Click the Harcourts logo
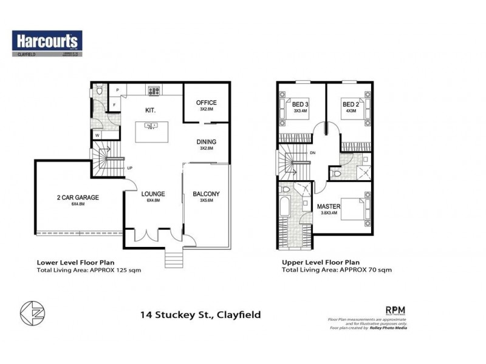pyautogui.click(x=47, y=41)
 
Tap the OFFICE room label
pyautogui.click(x=206, y=103)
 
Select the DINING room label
pyautogui.click(x=206, y=142)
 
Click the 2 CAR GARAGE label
pyautogui.click(x=77, y=197)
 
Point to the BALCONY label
pyautogui.click(x=206, y=194)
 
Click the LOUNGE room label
pyautogui.click(x=153, y=194)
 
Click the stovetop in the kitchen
pyautogui.click(x=152, y=92)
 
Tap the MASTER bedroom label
pyautogui.click(x=329, y=207)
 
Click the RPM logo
pyautogui.click(x=395, y=309)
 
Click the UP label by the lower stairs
pyautogui.click(x=129, y=168)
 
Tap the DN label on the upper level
pyautogui.click(x=312, y=153)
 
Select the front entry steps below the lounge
pyautogui.click(x=173, y=258)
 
